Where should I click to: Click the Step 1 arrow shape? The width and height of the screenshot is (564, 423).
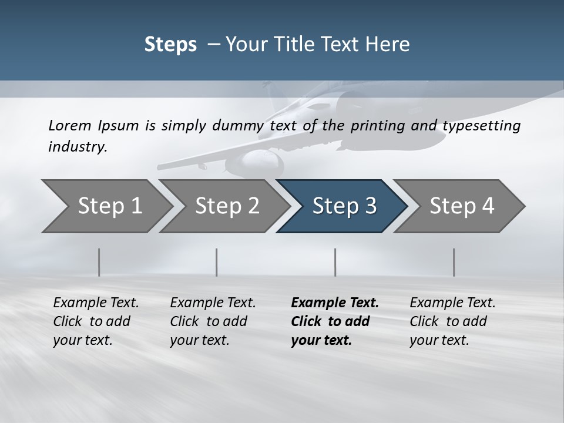click(106, 206)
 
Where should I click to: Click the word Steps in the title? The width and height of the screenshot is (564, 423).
click(170, 45)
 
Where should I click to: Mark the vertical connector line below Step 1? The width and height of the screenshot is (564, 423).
click(99, 262)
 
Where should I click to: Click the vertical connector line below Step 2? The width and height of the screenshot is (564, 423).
click(217, 262)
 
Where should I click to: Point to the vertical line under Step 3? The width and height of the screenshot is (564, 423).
click(335, 262)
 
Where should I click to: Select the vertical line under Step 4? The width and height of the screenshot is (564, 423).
click(454, 262)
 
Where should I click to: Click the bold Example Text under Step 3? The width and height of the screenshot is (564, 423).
click(335, 303)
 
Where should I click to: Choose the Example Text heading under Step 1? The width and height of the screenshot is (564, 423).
click(96, 303)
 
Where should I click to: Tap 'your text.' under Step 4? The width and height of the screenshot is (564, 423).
click(439, 340)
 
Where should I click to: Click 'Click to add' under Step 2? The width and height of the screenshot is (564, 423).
click(209, 322)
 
